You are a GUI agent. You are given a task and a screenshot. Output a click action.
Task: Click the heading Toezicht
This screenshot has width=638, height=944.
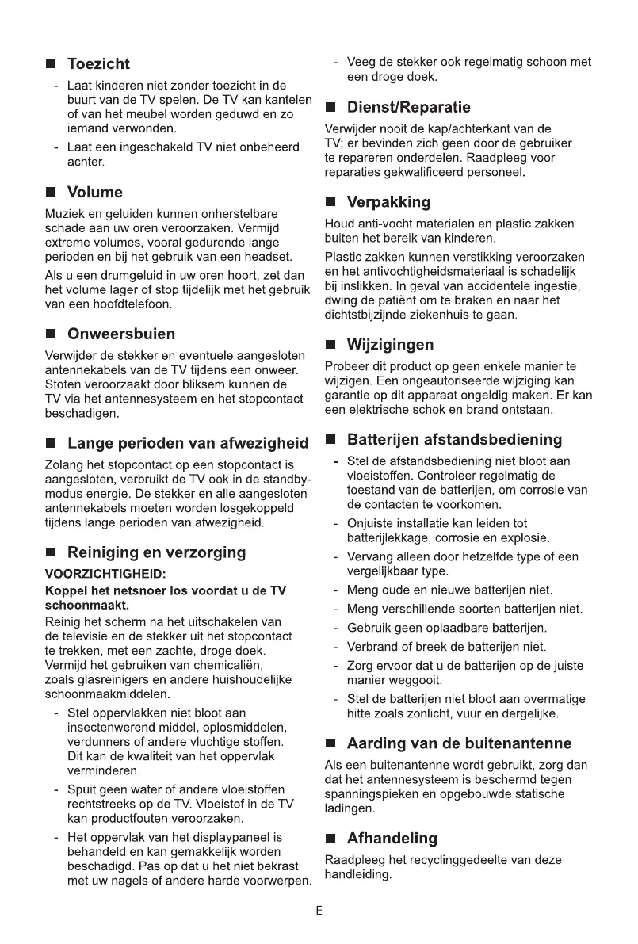pos(98,64)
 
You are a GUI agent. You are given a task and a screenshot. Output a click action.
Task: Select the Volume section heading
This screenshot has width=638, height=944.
pos(95,193)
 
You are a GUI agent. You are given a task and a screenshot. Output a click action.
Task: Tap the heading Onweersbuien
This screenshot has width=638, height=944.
pos(121,334)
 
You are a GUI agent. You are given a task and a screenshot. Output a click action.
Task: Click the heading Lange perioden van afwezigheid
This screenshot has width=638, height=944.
pos(188,443)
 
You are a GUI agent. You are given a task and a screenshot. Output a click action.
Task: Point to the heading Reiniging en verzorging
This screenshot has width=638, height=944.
pos(157,552)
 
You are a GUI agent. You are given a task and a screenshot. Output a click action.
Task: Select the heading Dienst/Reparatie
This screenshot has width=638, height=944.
pos(409,107)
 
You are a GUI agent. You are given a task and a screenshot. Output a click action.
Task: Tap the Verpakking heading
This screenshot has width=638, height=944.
pos(389,202)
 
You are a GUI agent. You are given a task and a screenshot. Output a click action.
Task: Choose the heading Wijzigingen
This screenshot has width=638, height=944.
pos(391,345)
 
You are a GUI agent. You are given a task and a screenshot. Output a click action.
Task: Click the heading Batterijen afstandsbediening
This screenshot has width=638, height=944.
pos(455,439)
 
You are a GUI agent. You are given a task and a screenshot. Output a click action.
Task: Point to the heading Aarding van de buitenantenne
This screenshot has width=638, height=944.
pos(471,743)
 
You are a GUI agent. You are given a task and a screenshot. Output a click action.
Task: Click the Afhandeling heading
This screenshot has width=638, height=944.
pos(392,838)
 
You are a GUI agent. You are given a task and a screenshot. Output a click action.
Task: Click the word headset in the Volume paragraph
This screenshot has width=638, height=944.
pos(269,257)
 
